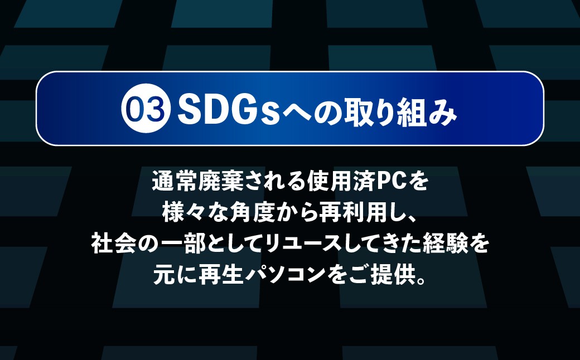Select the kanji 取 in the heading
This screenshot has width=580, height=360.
click(x=340, y=109)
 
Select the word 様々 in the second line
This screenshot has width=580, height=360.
click(x=184, y=213)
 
